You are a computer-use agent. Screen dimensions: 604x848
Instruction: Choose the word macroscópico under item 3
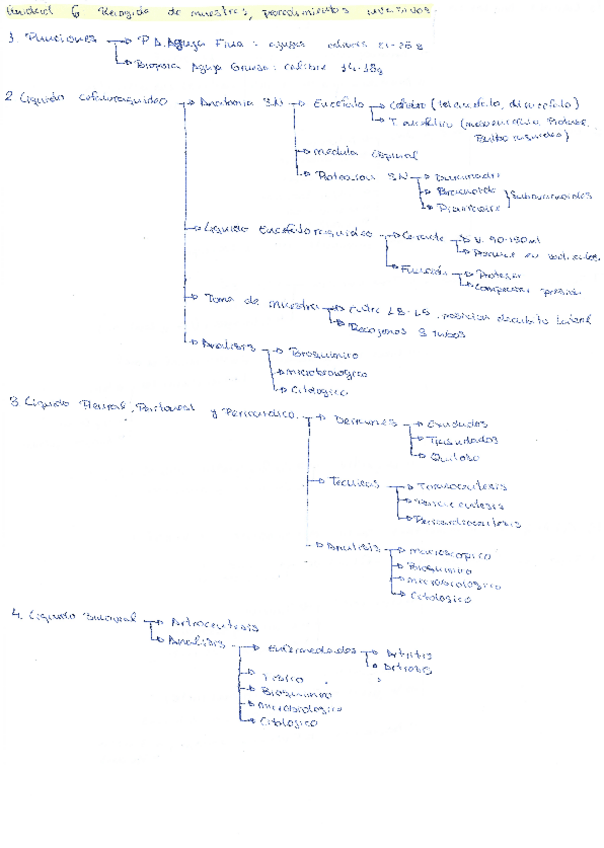click(449, 552)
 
